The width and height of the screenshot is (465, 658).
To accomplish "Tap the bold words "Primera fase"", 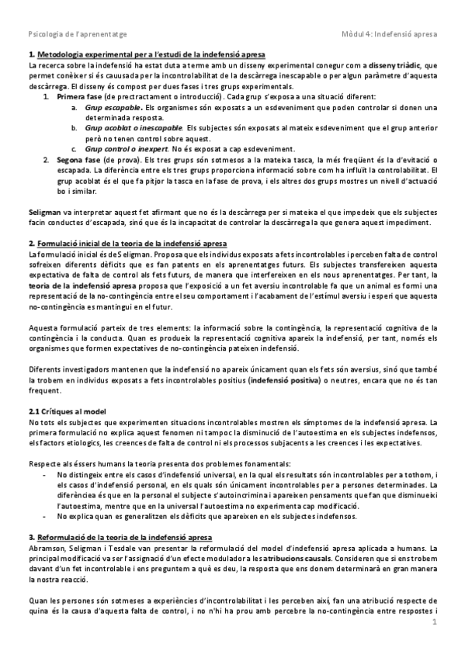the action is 78,96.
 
